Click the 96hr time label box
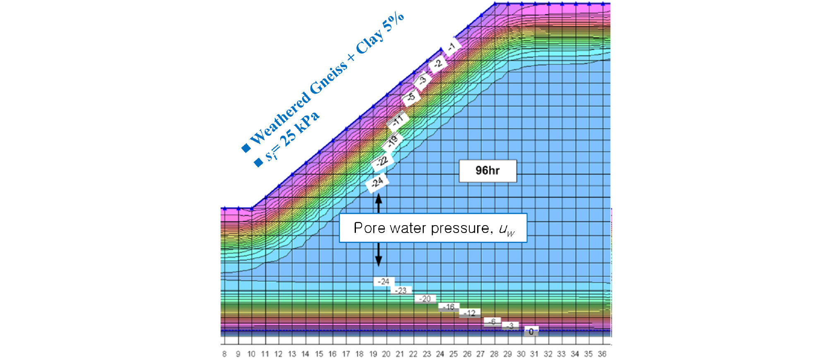[488, 170]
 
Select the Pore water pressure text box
[433, 228]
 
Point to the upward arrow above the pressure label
[378, 203]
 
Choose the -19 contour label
[392, 142]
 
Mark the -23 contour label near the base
[401, 290]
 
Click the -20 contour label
[425, 298]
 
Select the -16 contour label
[449, 307]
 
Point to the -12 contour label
[470, 313]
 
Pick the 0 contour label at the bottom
[531, 331]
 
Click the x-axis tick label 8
[224, 354]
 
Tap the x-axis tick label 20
[386, 354]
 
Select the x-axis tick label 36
[602, 354]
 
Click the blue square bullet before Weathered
[246, 147]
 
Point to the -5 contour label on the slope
[411, 97]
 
